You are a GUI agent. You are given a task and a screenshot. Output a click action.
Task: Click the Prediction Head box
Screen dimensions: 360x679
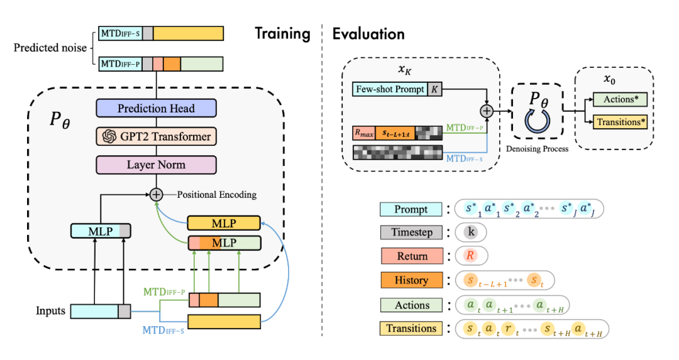(156, 109)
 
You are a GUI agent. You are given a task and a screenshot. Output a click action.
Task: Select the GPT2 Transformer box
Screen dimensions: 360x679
(156, 136)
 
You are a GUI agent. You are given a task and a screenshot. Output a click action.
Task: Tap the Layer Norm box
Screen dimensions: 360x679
(156, 165)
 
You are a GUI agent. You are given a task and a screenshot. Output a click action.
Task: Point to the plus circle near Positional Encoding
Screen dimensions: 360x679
(156, 195)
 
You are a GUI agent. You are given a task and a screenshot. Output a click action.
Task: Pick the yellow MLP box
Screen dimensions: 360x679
(224, 224)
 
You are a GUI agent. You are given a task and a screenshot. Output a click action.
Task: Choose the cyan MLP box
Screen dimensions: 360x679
(101, 231)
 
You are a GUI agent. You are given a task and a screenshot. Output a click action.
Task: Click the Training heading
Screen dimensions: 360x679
(282, 33)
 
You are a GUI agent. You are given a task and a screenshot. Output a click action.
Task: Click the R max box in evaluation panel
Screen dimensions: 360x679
(363, 133)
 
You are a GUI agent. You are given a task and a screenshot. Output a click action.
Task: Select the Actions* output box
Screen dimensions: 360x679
(621, 99)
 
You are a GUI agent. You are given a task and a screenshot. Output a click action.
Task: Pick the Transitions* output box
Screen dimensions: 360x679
(621, 122)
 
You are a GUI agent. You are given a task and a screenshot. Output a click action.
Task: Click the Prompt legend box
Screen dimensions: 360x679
(412, 210)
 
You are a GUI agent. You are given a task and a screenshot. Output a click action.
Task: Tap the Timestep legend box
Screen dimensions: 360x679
(412, 232)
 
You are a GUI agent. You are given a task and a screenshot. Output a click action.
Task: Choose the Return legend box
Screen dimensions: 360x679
(412, 256)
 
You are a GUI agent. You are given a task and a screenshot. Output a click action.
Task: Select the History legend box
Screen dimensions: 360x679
(412, 280)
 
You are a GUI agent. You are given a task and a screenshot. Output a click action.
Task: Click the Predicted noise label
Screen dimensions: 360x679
(50, 48)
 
